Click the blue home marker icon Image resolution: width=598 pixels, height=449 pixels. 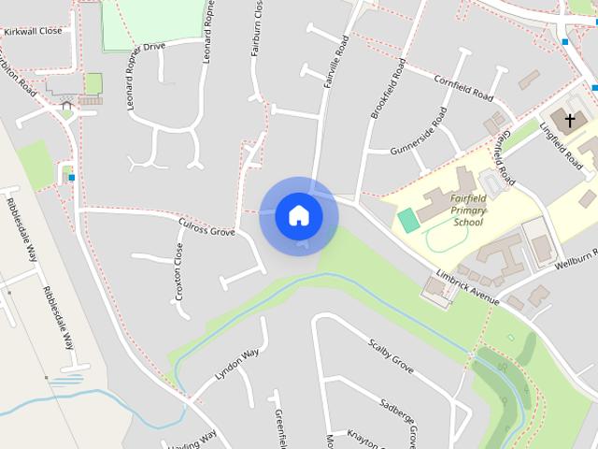[299, 216]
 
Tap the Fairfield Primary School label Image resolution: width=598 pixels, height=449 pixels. [468, 210]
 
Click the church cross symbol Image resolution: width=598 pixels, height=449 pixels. [569, 120]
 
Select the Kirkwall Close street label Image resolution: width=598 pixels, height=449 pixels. [33, 31]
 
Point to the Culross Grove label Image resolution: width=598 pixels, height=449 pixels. [206, 225]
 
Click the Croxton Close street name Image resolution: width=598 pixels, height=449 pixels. [178, 271]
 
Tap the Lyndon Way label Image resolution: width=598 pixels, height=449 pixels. [236, 364]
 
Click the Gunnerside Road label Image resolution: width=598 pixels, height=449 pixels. [418, 131]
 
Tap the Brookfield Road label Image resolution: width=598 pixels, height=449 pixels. [388, 88]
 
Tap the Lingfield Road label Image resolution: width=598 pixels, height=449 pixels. [561, 147]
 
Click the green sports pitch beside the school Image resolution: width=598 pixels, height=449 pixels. [407, 221]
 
